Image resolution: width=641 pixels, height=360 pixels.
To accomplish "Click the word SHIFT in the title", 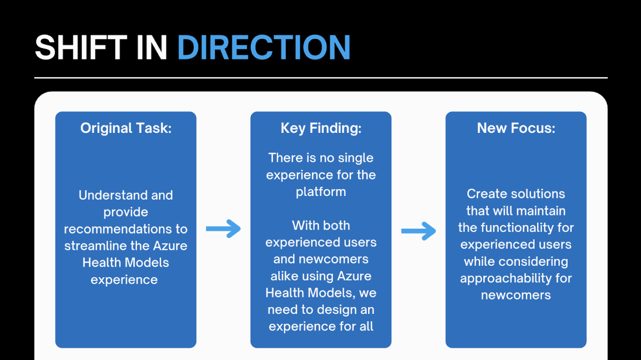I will coord(81,48).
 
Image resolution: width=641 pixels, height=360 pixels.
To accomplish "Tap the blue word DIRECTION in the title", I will coord(264,48).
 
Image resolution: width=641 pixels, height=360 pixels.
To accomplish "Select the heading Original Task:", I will coord(126,128).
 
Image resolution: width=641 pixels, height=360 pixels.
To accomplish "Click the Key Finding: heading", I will coord(321,128).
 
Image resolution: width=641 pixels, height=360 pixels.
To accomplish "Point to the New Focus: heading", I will coord(516,128).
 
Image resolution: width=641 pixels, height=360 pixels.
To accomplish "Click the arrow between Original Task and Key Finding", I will coord(223,229).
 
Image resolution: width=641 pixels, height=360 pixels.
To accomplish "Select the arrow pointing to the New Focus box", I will coord(419,232).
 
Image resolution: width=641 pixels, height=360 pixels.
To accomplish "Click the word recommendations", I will coord(126,229).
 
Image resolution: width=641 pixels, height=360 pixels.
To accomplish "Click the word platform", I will coord(321,192).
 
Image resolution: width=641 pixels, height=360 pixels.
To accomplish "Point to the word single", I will coord(355,158).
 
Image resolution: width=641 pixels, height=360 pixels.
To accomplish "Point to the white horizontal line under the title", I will coord(321,78).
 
